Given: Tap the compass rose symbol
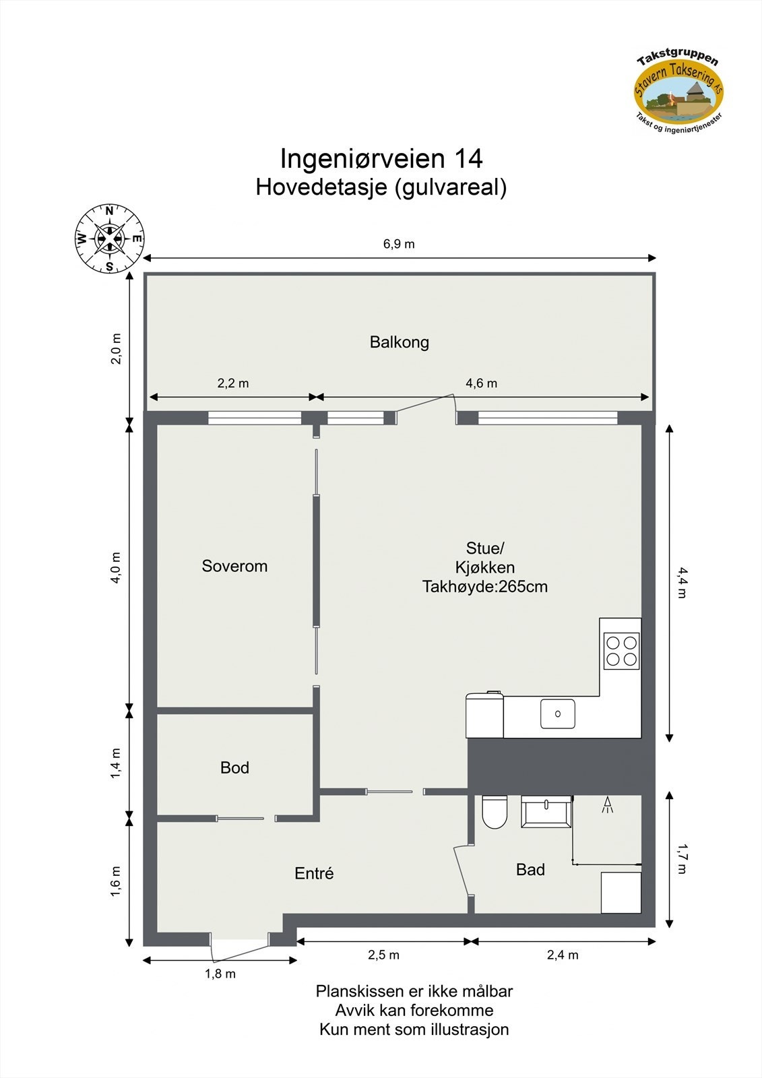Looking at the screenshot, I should coord(109,239).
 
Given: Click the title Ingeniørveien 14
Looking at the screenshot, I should coord(381,159).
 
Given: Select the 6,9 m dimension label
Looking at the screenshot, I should coord(399,244).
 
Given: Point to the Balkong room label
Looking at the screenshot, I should coord(399,342).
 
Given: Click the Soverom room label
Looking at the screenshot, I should coord(234,566).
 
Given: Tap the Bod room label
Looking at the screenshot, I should coord(234,767).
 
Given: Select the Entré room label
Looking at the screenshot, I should coord(314,873).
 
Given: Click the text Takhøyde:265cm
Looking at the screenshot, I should coord(485,587).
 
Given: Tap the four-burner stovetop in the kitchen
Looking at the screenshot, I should coord(621,651).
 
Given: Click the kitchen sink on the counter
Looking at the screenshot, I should coord(558,714).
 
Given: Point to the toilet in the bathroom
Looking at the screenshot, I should coord(495,811).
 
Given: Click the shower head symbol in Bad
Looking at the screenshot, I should coord(607,804).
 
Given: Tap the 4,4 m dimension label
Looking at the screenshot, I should coord(682,583).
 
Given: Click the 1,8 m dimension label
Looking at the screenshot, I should coord(220,974).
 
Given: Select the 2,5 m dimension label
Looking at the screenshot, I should coord(383,955).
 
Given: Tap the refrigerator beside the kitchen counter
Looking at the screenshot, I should coord(484,715).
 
